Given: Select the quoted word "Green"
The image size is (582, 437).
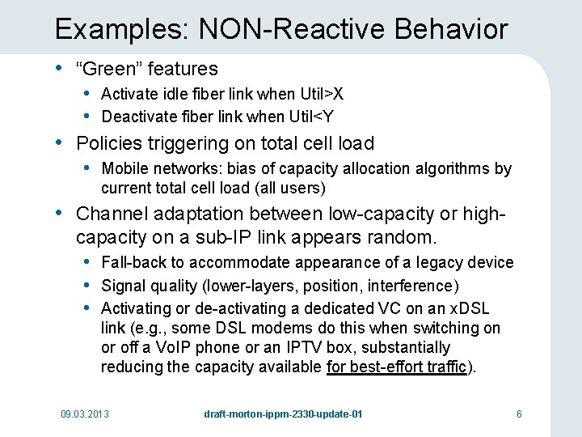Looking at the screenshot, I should [104, 70].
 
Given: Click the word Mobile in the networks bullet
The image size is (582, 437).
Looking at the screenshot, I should [124, 169].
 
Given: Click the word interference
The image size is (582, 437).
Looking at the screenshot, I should [415, 286].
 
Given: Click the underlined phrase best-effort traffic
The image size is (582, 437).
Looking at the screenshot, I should [397, 367].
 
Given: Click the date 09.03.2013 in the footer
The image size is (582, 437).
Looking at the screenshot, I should [85, 414].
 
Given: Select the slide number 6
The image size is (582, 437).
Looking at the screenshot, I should [519, 414].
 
